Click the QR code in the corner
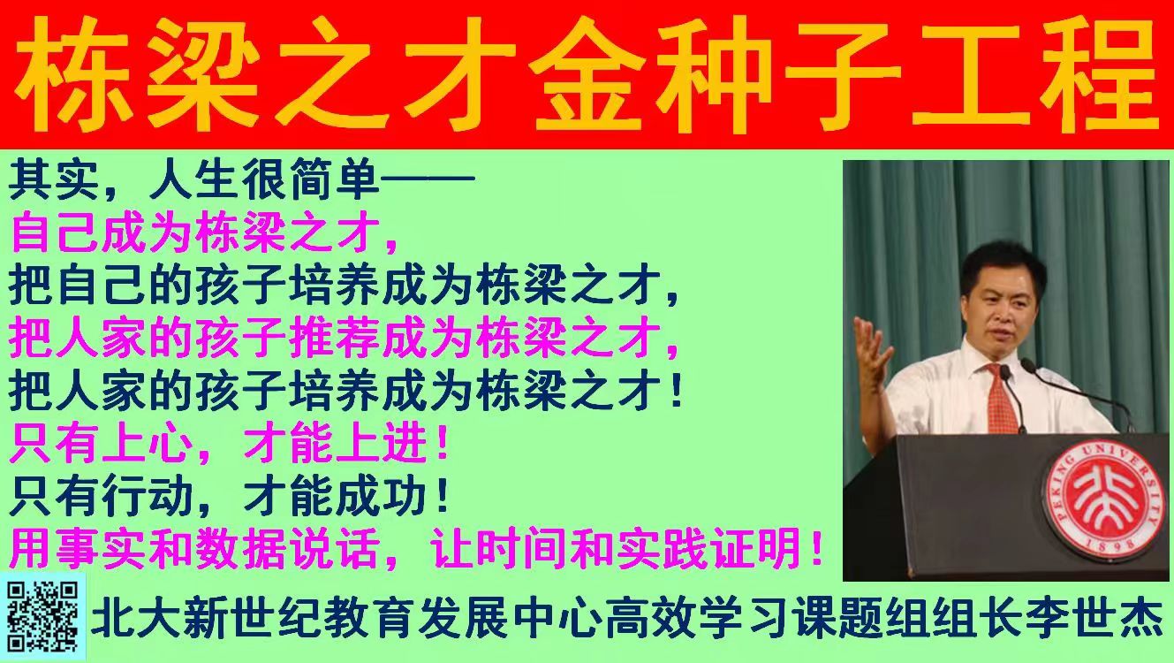42,617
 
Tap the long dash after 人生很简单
428,179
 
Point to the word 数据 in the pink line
240,549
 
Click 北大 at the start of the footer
136,620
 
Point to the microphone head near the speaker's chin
1005,372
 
